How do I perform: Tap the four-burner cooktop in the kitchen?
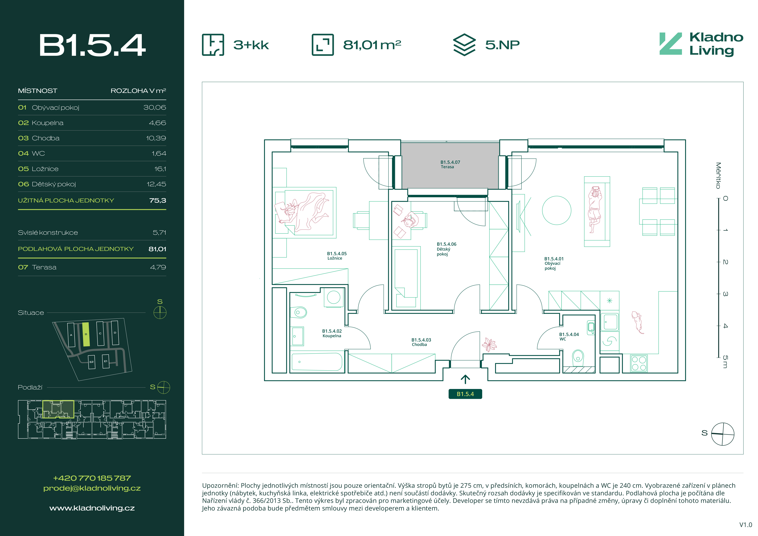639,363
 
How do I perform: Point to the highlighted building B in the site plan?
86,334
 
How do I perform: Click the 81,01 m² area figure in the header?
372,45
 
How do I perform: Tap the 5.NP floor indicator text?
502,45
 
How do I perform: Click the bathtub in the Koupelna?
317,362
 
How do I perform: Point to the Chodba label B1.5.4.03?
421,342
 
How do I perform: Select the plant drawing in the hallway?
489,345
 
